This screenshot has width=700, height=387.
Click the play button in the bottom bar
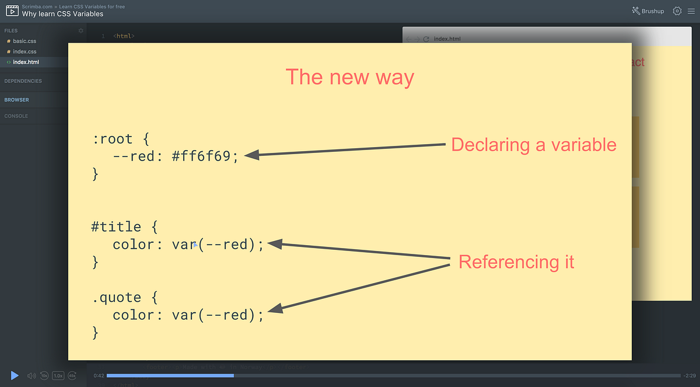coord(15,375)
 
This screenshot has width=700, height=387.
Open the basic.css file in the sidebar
coord(24,41)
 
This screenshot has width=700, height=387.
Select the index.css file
coord(24,52)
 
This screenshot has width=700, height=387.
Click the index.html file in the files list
coord(26,62)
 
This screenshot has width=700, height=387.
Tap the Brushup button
coord(647,11)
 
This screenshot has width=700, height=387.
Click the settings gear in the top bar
coord(677,11)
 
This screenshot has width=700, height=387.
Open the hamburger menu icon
coord(689,11)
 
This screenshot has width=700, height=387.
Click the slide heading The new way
coord(349,77)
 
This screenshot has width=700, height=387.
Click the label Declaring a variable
coord(534,145)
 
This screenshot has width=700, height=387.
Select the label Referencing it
coord(516,262)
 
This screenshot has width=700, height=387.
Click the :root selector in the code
coord(113,140)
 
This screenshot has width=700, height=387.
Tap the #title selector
coord(116,226)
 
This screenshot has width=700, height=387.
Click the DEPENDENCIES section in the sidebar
coord(23,81)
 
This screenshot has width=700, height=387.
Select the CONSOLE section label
coord(16,116)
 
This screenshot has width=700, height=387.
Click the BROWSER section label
coord(17,100)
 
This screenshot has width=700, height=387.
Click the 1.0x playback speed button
coord(58,376)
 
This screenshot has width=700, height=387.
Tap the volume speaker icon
coord(32,376)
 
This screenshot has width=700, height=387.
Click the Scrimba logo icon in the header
coord(11,11)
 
